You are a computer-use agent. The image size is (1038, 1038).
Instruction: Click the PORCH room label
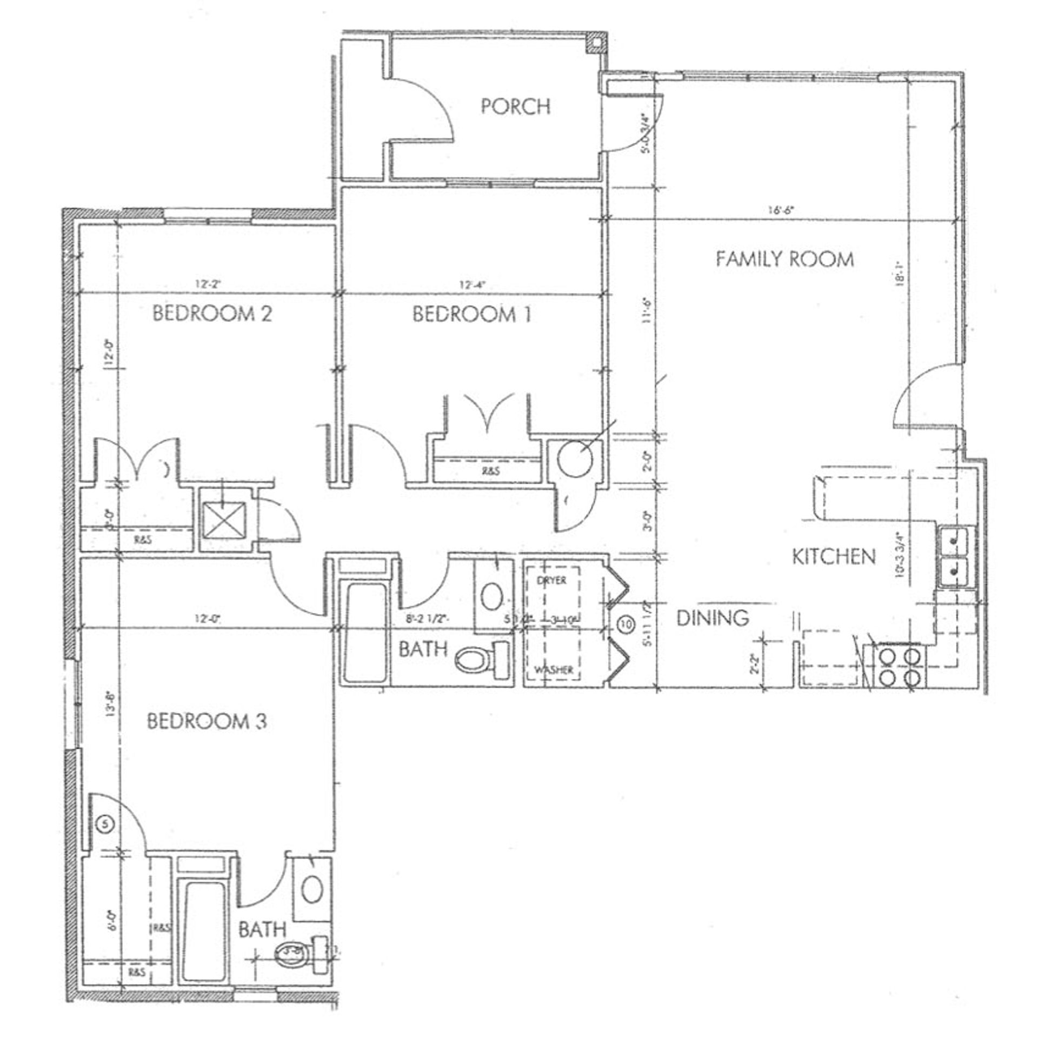tap(516, 107)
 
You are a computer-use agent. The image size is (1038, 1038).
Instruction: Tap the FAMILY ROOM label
tap(785, 259)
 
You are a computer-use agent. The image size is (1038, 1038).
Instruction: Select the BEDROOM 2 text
tap(212, 314)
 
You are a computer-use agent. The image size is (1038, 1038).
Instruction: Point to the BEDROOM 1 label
tap(472, 315)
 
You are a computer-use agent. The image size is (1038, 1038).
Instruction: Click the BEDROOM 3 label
tap(207, 722)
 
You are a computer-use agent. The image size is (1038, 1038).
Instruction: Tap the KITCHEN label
tap(834, 557)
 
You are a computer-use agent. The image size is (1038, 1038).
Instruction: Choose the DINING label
tap(713, 617)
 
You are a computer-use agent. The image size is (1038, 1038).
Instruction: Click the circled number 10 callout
tap(626, 625)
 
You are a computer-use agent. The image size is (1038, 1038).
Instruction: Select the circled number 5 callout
tap(105, 824)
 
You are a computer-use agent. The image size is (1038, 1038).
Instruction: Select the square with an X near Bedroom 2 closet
tap(223, 521)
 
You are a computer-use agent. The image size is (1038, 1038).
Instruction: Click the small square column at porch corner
tap(595, 43)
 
